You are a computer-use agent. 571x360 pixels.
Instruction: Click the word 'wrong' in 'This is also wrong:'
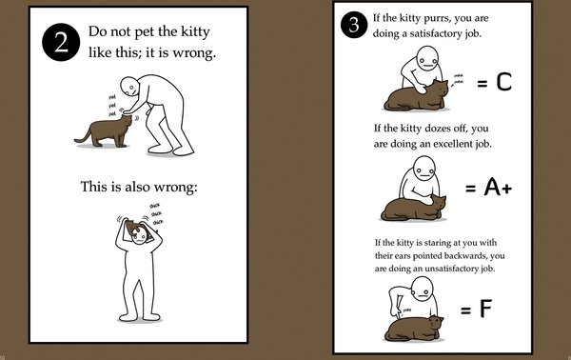[x=168, y=185]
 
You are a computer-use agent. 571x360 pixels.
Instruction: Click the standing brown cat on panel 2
[x=107, y=131]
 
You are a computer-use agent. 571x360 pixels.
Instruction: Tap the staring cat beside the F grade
[x=415, y=326]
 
